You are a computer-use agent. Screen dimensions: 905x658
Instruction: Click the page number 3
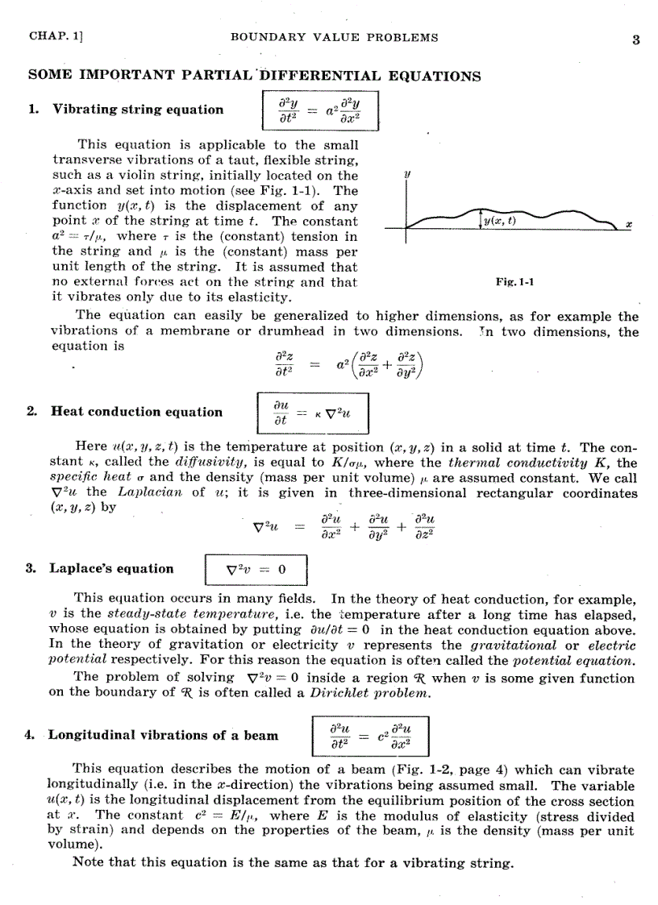635,39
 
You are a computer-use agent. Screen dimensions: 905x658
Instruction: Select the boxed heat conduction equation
310,413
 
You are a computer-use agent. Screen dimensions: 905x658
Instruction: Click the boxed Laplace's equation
256,569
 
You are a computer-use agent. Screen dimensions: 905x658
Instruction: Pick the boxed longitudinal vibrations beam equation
369,736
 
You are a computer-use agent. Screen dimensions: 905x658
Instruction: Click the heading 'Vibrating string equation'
138,110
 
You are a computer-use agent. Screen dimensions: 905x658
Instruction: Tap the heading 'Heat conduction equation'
136,412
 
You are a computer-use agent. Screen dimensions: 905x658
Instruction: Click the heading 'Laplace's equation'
111,568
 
